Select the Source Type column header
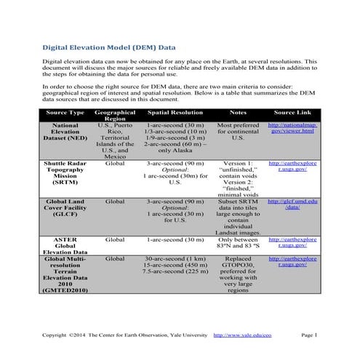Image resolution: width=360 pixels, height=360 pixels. pyautogui.click(x=65, y=113)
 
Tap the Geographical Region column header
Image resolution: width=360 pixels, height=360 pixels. pyautogui.click(x=115, y=117)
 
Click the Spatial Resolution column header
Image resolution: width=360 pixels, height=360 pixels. pyautogui.click(x=175, y=113)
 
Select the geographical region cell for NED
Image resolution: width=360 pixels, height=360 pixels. pyautogui.click(x=115, y=140)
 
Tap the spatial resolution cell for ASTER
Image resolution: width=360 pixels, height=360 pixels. pyautogui.click(x=175, y=239)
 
